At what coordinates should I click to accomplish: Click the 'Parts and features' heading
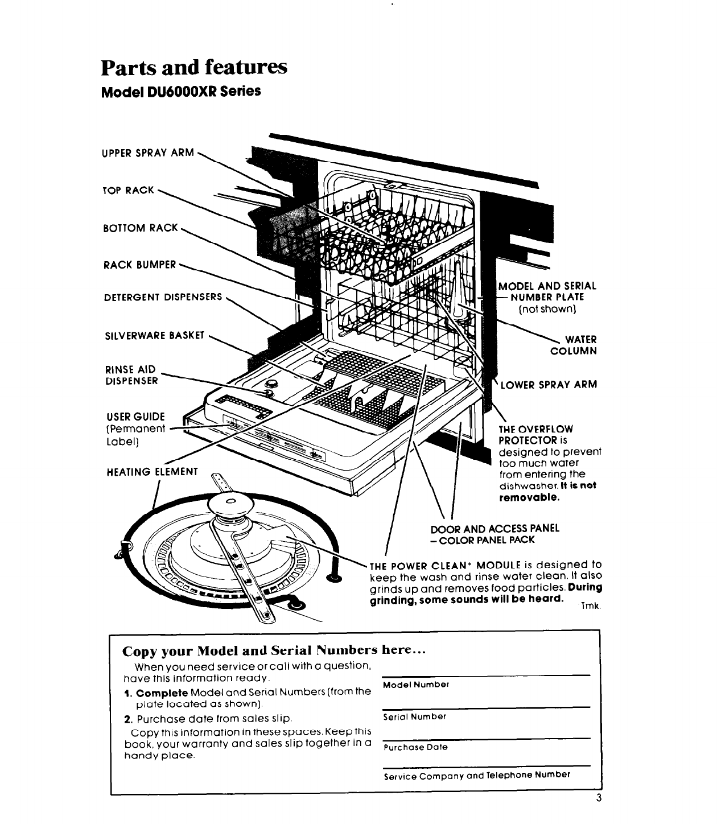[193, 67]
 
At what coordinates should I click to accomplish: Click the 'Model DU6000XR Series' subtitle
[180, 91]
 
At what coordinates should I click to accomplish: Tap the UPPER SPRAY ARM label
[147, 153]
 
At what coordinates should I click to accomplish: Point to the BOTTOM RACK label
[141, 228]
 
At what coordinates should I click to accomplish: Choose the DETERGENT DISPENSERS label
[162, 297]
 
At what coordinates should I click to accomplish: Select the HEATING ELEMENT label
[151, 472]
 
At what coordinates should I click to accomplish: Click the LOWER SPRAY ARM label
[549, 384]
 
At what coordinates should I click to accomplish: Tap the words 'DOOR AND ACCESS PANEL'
[495, 528]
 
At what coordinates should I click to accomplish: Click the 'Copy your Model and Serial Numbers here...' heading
[274, 650]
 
